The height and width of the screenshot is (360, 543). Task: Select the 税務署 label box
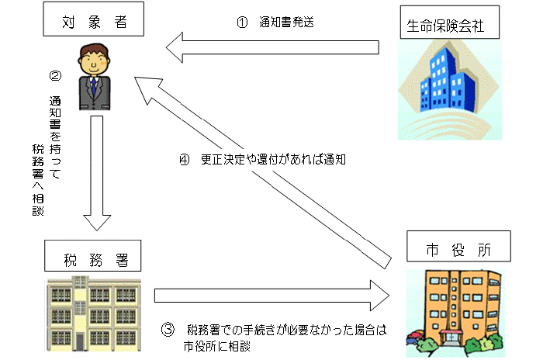pyautogui.click(x=92, y=254)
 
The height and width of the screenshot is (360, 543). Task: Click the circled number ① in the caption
pyautogui.click(x=243, y=22)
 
